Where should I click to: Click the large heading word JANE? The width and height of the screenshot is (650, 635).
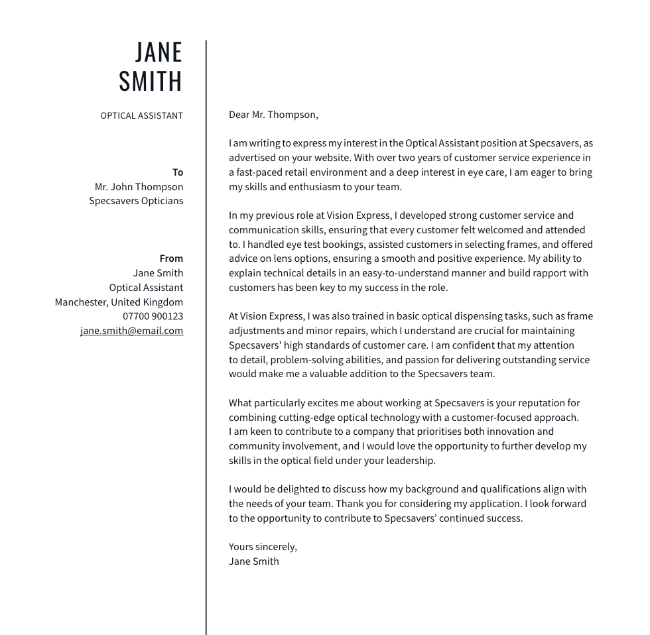[159, 52]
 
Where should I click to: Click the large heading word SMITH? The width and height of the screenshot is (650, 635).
[151, 81]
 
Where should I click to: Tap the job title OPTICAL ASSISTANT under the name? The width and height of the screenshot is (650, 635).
[141, 115]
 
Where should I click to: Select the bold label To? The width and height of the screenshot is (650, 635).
[178, 172]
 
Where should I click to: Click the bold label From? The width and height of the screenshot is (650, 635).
[171, 259]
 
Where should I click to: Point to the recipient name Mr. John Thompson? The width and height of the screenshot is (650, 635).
[139, 187]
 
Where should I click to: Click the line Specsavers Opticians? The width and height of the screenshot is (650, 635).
[136, 201]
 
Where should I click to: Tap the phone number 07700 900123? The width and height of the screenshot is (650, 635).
[153, 316]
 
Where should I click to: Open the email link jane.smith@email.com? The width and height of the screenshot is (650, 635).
[131, 331]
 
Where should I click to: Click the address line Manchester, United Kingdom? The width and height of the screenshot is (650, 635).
[119, 302]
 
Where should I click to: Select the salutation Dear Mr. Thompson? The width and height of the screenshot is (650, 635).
[273, 115]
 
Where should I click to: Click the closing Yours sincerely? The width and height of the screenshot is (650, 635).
[263, 547]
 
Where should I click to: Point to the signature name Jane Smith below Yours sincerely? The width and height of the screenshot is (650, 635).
[253, 561]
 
